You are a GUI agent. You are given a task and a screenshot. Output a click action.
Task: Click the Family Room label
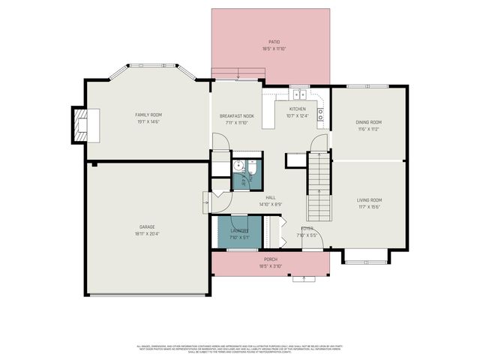pyautogui.click(x=148, y=115)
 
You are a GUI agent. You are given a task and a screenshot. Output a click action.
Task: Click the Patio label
pyautogui.click(x=274, y=42)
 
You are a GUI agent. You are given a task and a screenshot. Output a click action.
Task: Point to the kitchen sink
pyautogui.click(x=299, y=94)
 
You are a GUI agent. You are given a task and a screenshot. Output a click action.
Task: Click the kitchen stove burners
pyautogui.click(x=320, y=114)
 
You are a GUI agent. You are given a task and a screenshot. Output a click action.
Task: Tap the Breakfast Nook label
pyautogui.click(x=236, y=115)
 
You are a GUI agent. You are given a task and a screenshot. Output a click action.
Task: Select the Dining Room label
pyautogui.click(x=368, y=121)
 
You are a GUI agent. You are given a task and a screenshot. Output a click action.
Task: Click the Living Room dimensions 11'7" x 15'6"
pyautogui.click(x=369, y=207)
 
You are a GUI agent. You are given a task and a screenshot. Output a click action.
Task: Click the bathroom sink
pyautogui.click(x=238, y=167)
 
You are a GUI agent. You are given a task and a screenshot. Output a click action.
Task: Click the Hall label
pyautogui.click(x=271, y=198)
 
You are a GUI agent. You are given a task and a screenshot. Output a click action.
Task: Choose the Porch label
pyautogui.click(x=270, y=259)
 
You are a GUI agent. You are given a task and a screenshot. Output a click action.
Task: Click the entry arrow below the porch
pyautogui.click(x=304, y=279)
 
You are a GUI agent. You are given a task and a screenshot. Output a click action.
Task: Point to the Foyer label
pyautogui.click(x=307, y=228)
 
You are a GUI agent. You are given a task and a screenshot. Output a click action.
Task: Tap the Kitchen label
pyautogui.click(x=298, y=109)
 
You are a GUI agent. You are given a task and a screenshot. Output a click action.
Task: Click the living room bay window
pyautogui.click(x=366, y=259)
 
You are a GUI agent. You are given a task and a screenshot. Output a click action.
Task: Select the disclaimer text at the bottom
pyautogui.click(x=239, y=349)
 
